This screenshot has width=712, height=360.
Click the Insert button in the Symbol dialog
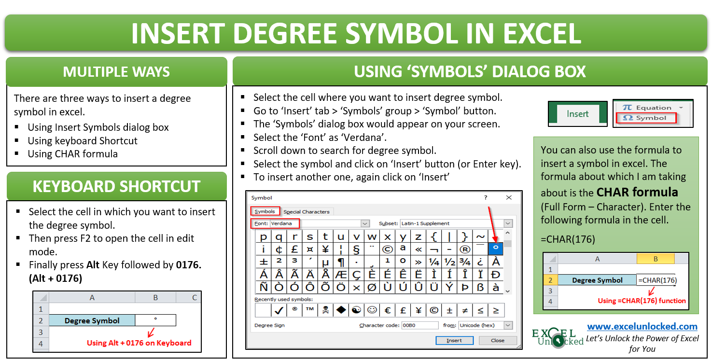[454, 340]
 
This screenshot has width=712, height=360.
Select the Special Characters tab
[307, 211]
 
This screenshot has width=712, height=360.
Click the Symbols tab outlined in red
[265, 211]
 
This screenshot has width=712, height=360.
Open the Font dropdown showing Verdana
[365, 223]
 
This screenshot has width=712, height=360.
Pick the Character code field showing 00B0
[419, 325]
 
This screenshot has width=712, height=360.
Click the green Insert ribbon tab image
[577, 114]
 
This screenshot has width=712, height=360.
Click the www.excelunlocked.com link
[642, 326]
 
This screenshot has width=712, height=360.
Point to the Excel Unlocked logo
[558, 337]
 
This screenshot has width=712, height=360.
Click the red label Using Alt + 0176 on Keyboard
[139, 343]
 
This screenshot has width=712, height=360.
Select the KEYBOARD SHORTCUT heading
[116, 186]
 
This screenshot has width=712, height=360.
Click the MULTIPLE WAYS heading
[116, 72]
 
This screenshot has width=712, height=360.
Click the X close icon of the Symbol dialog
[509, 197]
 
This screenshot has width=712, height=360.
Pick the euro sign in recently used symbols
[387, 310]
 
